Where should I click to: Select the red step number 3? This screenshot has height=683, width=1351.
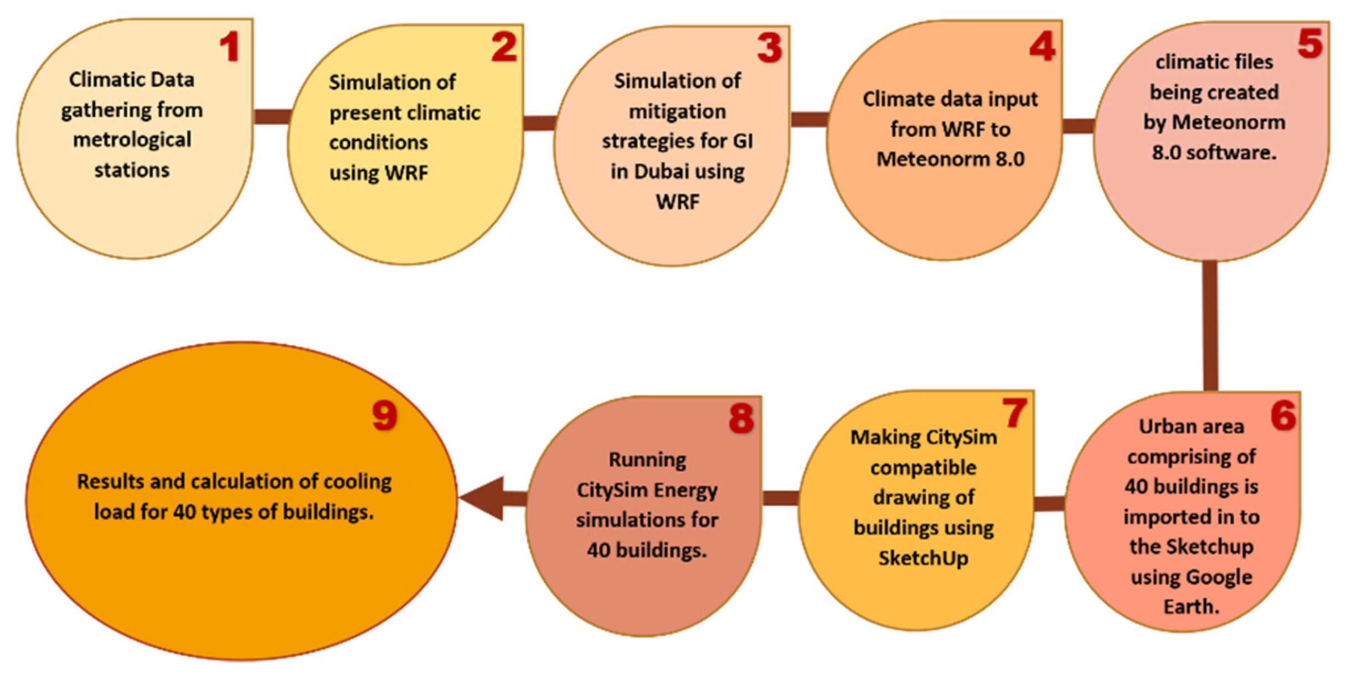(x=770, y=48)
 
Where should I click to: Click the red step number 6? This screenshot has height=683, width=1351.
(x=1283, y=415)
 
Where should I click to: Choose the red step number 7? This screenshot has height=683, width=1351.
(x=1014, y=413)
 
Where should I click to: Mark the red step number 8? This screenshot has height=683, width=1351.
(x=741, y=418)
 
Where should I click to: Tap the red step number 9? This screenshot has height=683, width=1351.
(x=384, y=415)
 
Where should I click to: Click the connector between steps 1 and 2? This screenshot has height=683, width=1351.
(x=271, y=116)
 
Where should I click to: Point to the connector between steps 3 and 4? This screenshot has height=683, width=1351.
(x=808, y=119)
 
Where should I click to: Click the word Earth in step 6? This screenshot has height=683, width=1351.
(x=1190, y=607)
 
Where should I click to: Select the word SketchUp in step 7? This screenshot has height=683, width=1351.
(x=923, y=558)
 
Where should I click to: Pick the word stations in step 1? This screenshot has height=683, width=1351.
(x=132, y=170)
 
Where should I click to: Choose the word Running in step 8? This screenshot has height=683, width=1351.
(x=647, y=460)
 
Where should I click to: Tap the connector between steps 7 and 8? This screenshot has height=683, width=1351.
(x=780, y=498)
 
